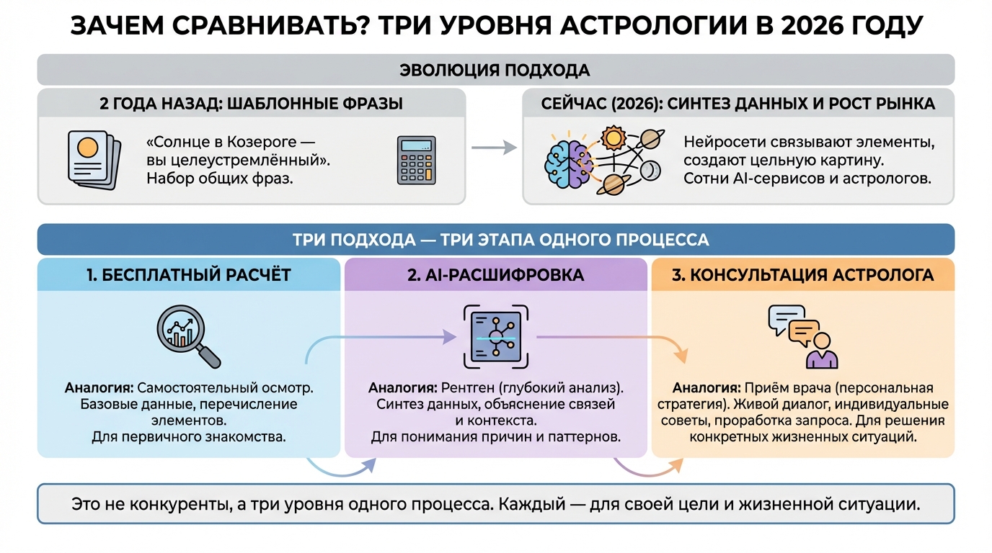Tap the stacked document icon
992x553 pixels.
(x=90, y=159)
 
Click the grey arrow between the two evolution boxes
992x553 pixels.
(x=494, y=148)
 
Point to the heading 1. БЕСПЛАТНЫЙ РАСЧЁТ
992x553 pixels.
(x=188, y=274)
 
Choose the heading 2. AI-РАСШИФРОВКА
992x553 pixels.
(x=495, y=274)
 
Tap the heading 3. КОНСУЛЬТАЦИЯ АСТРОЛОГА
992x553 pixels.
(x=802, y=274)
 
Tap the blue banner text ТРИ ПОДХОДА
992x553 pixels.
(x=345, y=240)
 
